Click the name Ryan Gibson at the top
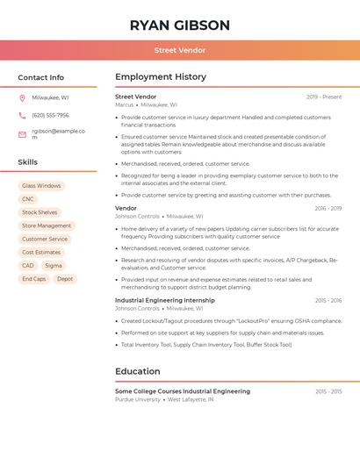click(x=180, y=25)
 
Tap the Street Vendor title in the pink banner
click(x=180, y=50)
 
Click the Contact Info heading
click(x=41, y=77)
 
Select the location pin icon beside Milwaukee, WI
click(x=22, y=97)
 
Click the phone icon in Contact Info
click(x=22, y=115)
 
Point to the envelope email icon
click(x=22, y=134)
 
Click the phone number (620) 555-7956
click(x=50, y=115)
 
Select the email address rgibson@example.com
click(x=58, y=133)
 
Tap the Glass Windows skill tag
click(x=41, y=186)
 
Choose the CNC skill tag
click(x=28, y=199)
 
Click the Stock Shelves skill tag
click(x=40, y=212)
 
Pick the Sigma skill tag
click(x=54, y=265)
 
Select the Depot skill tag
click(x=65, y=279)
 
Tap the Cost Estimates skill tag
click(x=41, y=252)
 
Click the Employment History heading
click(x=161, y=77)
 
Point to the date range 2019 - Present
click(x=324, y=97)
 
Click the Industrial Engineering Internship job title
click(x=164, y=300)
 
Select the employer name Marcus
click(x=125, y=104)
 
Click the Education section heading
click(x=138, y=371)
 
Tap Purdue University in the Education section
click(x=138, y=399)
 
